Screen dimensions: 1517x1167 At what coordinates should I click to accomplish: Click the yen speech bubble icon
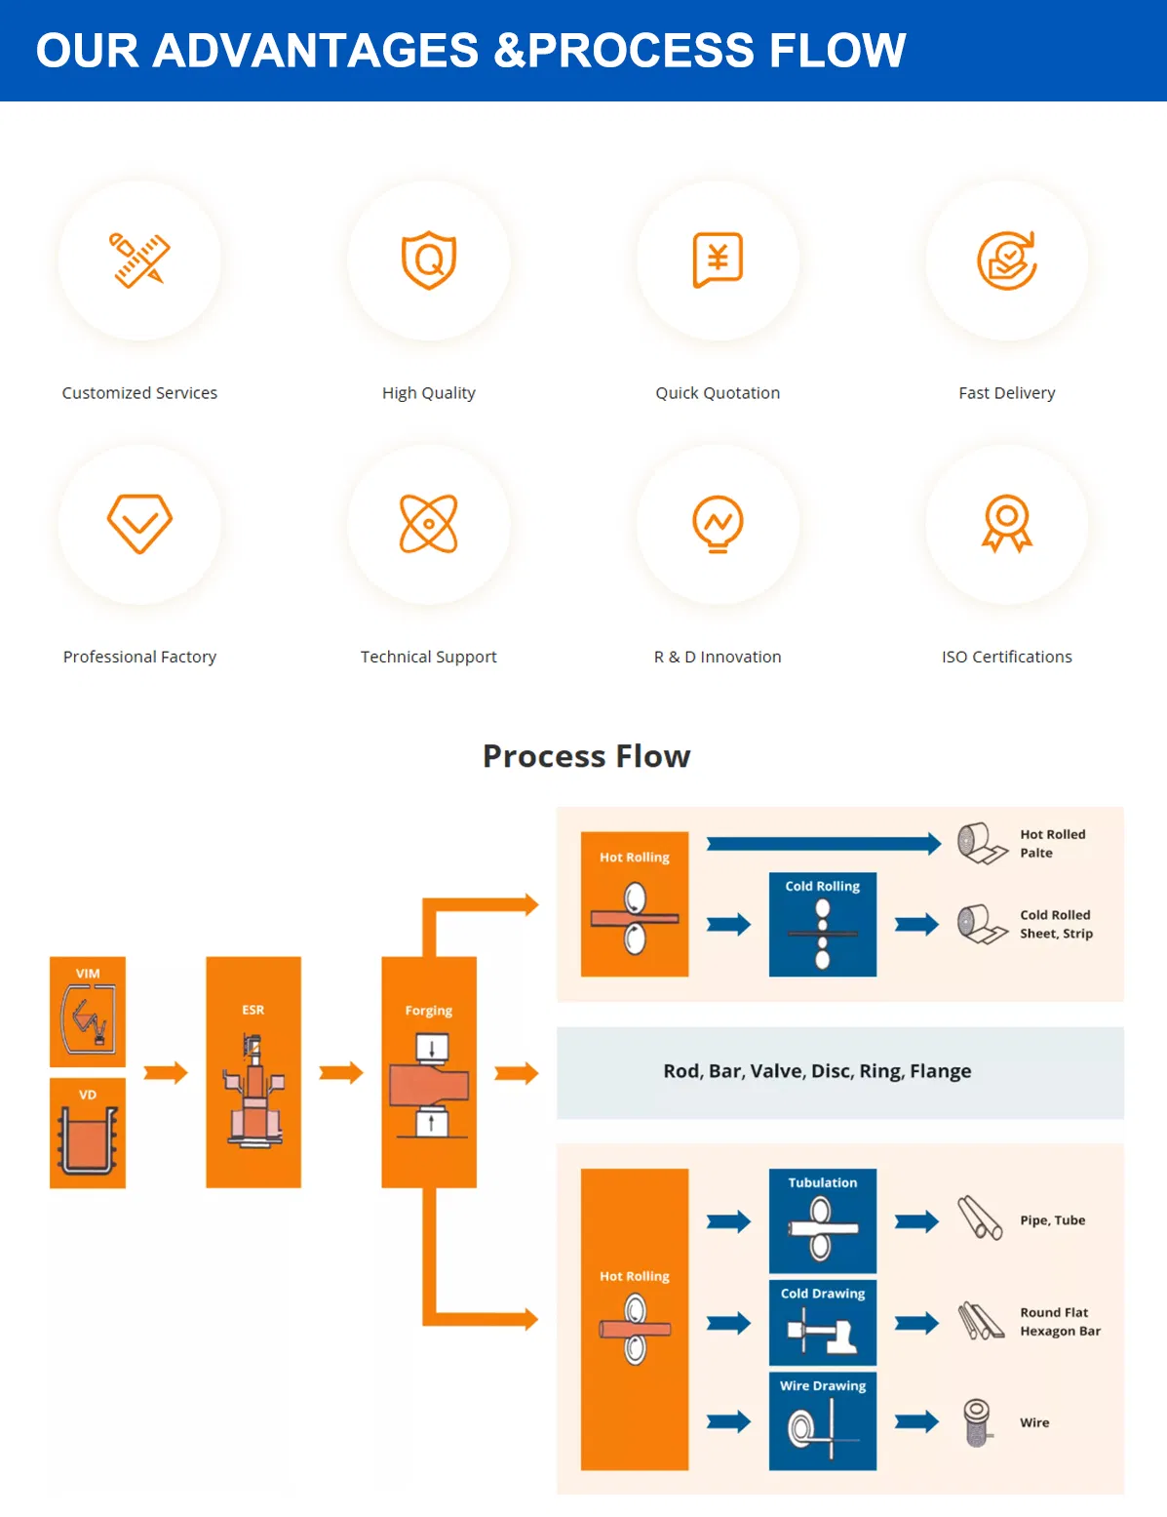(x=718, y=259)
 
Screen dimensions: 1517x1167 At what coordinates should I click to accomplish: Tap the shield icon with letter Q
(x=429, y=259)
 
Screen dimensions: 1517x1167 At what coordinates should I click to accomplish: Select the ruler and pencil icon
(x=139, y=259)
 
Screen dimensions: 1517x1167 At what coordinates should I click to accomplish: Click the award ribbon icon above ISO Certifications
(x=1007, y=524)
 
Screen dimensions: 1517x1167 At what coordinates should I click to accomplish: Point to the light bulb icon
(x=718, y=524)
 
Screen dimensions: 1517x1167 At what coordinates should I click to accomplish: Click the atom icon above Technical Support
(x=429, y=524)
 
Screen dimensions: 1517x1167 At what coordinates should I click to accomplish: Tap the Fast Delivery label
(x=1006, y=393)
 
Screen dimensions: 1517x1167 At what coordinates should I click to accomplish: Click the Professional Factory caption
(x=139, y=657)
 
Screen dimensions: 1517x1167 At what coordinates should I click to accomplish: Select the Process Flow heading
(x=586, y=756)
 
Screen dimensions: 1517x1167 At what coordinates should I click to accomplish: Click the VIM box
(x=88, y=1012)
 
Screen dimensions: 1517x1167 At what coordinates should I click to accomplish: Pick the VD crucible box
(x=88, y=1133)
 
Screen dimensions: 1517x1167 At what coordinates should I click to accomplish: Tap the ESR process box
(x=253, y=1072)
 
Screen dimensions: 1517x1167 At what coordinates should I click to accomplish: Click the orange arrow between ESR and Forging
(x=340, y=1073)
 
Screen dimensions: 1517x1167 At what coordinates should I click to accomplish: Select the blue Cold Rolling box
(x=823, y=924)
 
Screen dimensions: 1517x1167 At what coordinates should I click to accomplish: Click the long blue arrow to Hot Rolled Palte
(x=823, y=844)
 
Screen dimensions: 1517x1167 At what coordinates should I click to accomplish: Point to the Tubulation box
(x=823, y=1220)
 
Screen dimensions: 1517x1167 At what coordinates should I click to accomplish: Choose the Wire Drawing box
(x=823, y=1421)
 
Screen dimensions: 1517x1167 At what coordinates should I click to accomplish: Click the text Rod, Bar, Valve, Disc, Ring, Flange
(x=817, y=1071)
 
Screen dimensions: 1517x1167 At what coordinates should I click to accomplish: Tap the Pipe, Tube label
(x=1052, y=1220)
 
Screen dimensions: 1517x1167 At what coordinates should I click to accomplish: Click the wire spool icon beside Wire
(x=977, y=1422)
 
